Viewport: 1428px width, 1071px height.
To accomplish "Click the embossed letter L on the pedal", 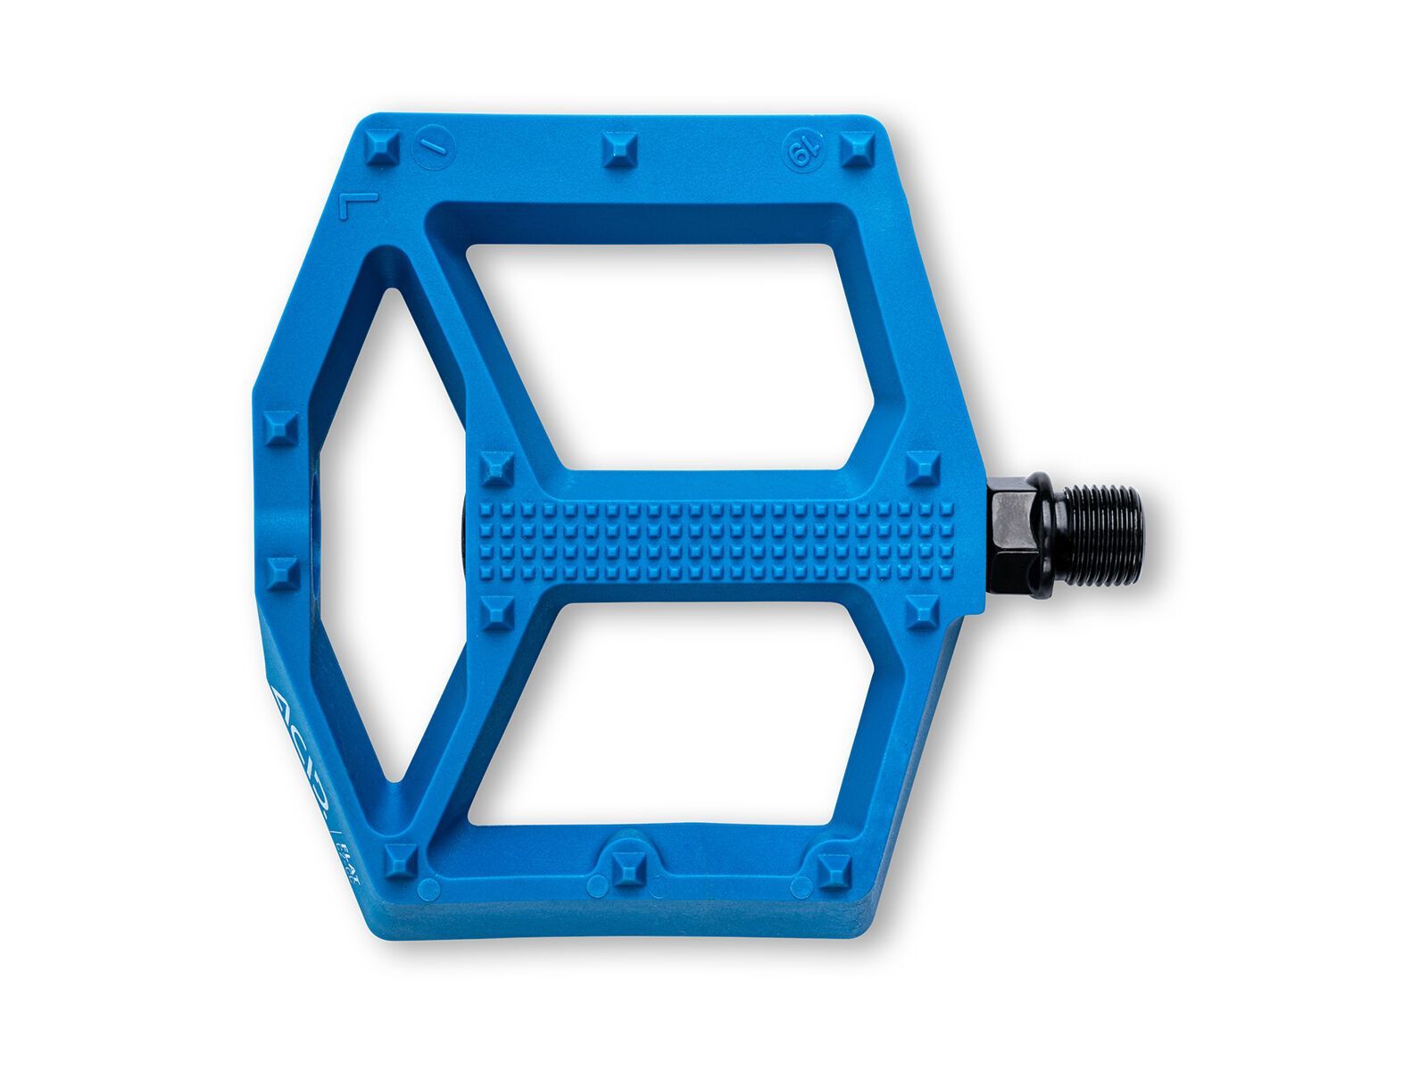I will point(355,206).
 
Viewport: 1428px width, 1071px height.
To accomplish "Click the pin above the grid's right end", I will point(921,468).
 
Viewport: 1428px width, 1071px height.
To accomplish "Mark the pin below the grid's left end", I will point(495,614).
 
